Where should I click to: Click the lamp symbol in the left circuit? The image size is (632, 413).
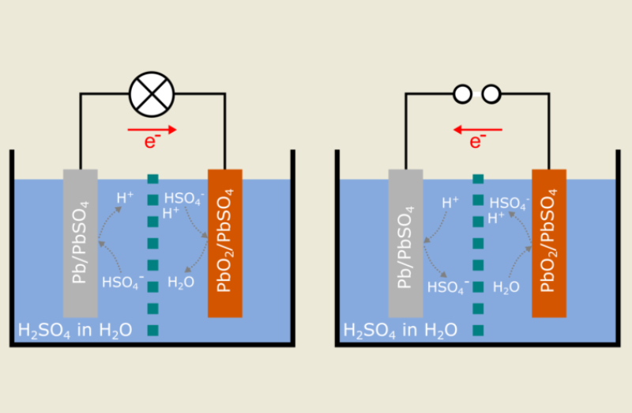pyautogui.click(x=152, y=93)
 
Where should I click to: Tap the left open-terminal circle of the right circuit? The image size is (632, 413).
pyautogui.click(x=462, y=94)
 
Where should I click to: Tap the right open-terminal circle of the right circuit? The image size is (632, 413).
pyautogui.click(x=491, y=94)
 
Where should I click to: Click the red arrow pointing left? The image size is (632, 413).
pyautogui.click(x=477, y=129)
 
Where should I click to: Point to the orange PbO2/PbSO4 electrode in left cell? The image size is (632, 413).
pyautogui.click(x=224, y=242)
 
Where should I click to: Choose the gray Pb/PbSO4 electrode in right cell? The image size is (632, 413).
pyautogui.click(x=405, y=242)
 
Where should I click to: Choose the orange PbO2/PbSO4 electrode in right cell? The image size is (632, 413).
pyautogui.click(x=549, y=242)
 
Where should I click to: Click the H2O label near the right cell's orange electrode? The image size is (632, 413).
pyautogui.click(x=506, y=287)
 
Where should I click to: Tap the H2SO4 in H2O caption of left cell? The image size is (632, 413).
pyautogui.click(x=75, y=329)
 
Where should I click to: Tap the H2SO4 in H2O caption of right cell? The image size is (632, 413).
pyautogui.click(x=400, y=329)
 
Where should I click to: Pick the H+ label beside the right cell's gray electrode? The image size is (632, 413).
pyautogui.click(x=450, y=202)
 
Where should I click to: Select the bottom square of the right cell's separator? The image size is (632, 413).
pyautogui.click(x=478, y=329)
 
